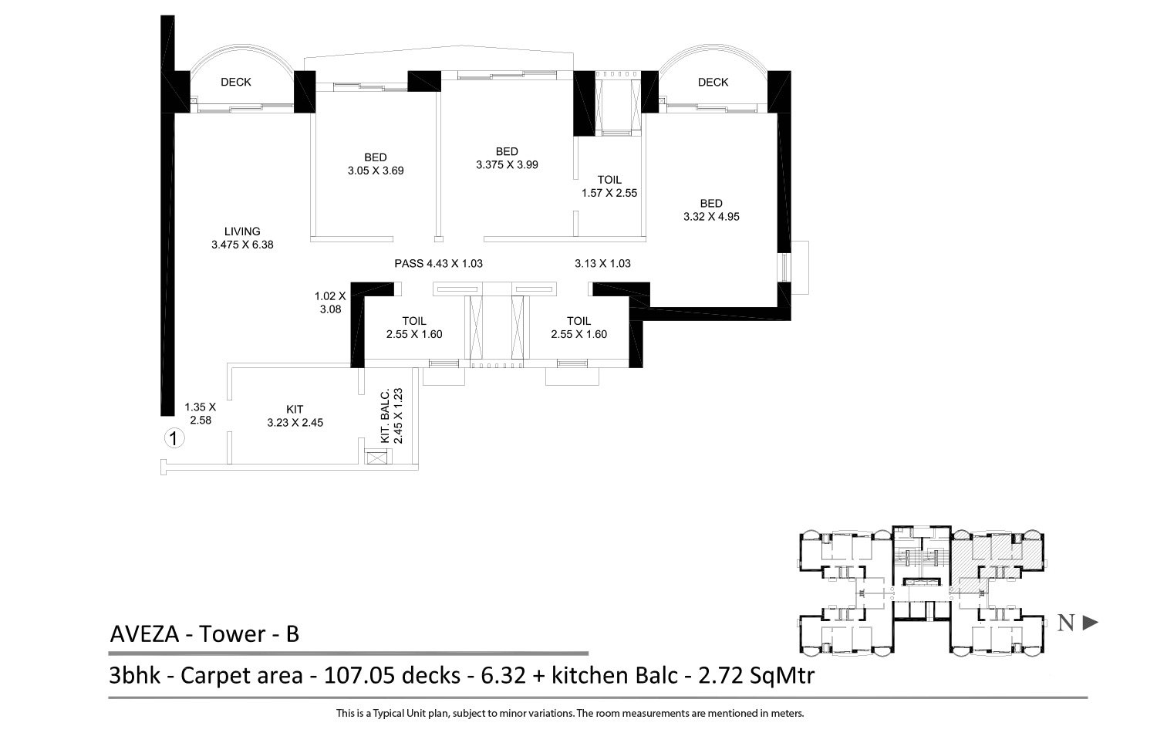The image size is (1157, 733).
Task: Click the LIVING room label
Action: (x=242, y=231)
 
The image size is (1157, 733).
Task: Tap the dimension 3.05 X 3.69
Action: (x=376, y=171)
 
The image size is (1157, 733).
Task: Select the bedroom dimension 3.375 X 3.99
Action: (x=507, y=164)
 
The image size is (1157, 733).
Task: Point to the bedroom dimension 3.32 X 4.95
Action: (x=711, y=217)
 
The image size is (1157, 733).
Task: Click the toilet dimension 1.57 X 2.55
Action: (x=609, y=193)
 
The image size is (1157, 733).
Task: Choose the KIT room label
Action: (x=295, y=409)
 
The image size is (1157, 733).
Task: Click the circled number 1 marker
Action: (x=175, y=439)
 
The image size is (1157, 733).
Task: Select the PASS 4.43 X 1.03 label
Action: (x=438, y=264)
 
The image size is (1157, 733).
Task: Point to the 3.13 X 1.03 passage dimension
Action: (x=602, y=264)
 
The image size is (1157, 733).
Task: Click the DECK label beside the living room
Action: (x=236, y=83)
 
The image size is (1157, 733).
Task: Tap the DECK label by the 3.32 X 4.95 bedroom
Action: (x=713, y=83)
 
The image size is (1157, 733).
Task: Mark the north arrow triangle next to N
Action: (x=1090, y=623)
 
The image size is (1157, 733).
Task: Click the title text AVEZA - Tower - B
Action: (x=204, y=634)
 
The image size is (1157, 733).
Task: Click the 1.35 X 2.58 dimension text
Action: (x=200, y=414)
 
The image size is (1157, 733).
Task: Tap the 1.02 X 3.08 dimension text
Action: (x=330, y=302)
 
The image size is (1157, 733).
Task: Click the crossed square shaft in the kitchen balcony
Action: (x=376, y=457)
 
